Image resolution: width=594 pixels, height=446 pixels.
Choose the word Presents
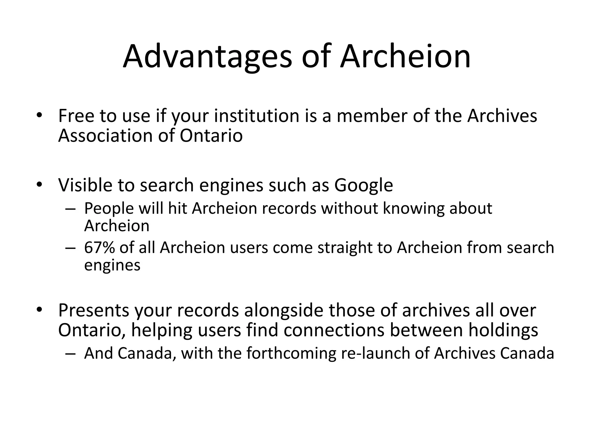point(93,310)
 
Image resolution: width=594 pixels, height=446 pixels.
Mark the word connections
point(334,330)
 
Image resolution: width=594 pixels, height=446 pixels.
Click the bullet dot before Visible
point(39,184)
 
